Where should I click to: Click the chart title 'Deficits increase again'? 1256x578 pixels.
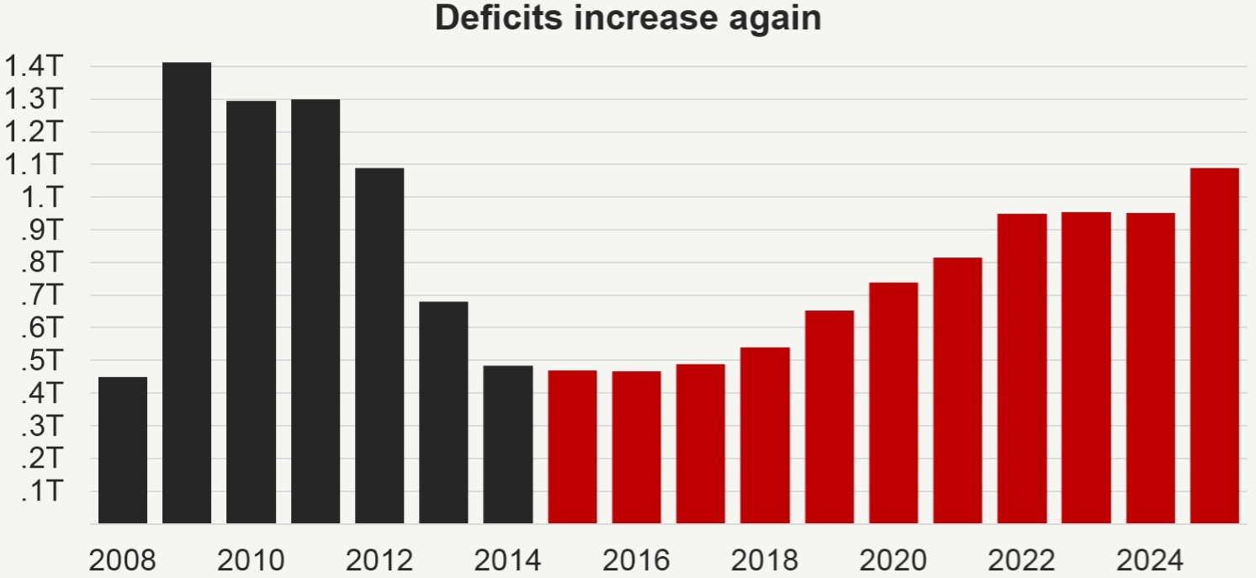[x=628, y=19]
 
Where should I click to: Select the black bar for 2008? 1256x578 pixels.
[x=123, y=450]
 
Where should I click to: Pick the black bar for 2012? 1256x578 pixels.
[x=379, y=346]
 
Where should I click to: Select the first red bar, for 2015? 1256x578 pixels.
[x=572, y=447]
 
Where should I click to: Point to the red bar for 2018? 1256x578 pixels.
[x=765, y=435]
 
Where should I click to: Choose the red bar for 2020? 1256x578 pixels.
[x=893, y=403]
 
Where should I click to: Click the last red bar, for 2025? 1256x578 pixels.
[x=1215, y=346]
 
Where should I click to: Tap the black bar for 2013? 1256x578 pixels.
[x=443, y=412]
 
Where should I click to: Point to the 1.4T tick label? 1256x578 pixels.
[x=34, y=66]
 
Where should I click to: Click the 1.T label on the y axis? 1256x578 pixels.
[x=40, y=197]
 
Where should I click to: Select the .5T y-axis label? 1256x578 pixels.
[x=40, y=361]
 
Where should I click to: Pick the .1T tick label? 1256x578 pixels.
[x=40, y=491]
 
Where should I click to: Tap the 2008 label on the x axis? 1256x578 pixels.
[x=123, y=559]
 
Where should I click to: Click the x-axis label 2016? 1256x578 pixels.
[x=636, y=559]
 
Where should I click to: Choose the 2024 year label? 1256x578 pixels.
[x=1150, y=559]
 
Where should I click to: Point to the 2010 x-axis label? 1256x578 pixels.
[x=251, y=559]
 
